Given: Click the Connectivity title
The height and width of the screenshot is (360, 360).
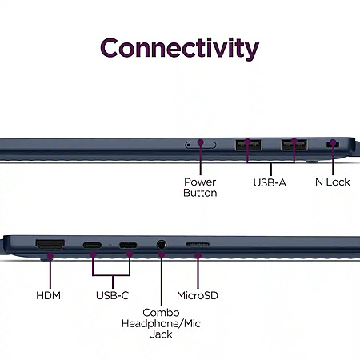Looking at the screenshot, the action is click(180, 48).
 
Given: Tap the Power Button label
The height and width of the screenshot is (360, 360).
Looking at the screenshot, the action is click(200, 187).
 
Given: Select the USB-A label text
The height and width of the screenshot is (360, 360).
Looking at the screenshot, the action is click(270, 182).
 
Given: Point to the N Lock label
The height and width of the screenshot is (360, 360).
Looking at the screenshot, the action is click(332, 182).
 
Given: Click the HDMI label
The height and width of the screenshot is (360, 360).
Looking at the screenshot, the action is click(50, 295).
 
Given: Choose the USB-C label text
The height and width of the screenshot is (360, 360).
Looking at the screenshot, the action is click(112, 295).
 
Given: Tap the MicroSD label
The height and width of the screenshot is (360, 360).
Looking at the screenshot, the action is click(198, 295).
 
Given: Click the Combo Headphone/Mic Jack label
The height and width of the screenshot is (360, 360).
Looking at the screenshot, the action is click(161, 323).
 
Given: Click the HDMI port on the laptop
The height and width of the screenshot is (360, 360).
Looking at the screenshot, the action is click(50, 244).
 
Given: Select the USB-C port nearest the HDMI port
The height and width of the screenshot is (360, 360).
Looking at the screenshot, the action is click(92, 245).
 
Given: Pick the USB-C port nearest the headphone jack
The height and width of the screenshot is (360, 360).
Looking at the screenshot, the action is click(128, 245).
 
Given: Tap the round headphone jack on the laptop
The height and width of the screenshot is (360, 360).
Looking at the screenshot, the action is click(162, 245).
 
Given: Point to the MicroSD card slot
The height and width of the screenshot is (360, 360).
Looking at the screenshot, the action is click(198, 244).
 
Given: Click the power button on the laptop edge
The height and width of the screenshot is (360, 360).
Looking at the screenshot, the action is click(201, 145).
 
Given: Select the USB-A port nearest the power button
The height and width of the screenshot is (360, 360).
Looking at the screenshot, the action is click(248, 145).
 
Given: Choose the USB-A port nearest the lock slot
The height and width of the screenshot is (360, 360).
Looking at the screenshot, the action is click(294, 145).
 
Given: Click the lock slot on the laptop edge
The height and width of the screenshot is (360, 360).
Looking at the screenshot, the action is click(333, 145).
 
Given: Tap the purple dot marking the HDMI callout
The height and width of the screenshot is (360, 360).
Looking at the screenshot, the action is click(50, 256).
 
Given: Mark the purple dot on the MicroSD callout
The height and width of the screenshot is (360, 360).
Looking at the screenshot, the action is click(198, 256).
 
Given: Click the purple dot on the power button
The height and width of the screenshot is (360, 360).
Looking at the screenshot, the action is click(201, 142).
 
